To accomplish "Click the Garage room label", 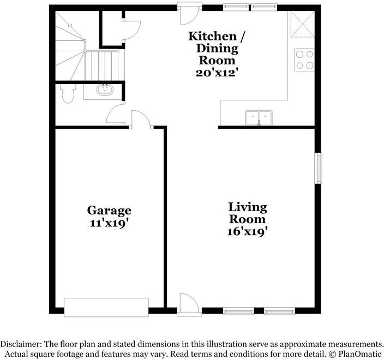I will pyautogui.click(x=109, y=210).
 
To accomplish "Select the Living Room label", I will pyautogui.click(x=248, y=213).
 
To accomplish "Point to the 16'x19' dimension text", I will pyautogui.click(x=248, y=231).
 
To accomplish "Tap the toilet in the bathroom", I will pyautogui.click(x=67, y=94).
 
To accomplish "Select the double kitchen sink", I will pyautogui.click(x=259, y=117).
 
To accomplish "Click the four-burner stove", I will pyautogui.click(x=305, y=59).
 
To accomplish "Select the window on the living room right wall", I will pyautogui.click(x=318, y=169).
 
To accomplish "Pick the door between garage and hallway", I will pyautogui.click(x=141, y=119).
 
